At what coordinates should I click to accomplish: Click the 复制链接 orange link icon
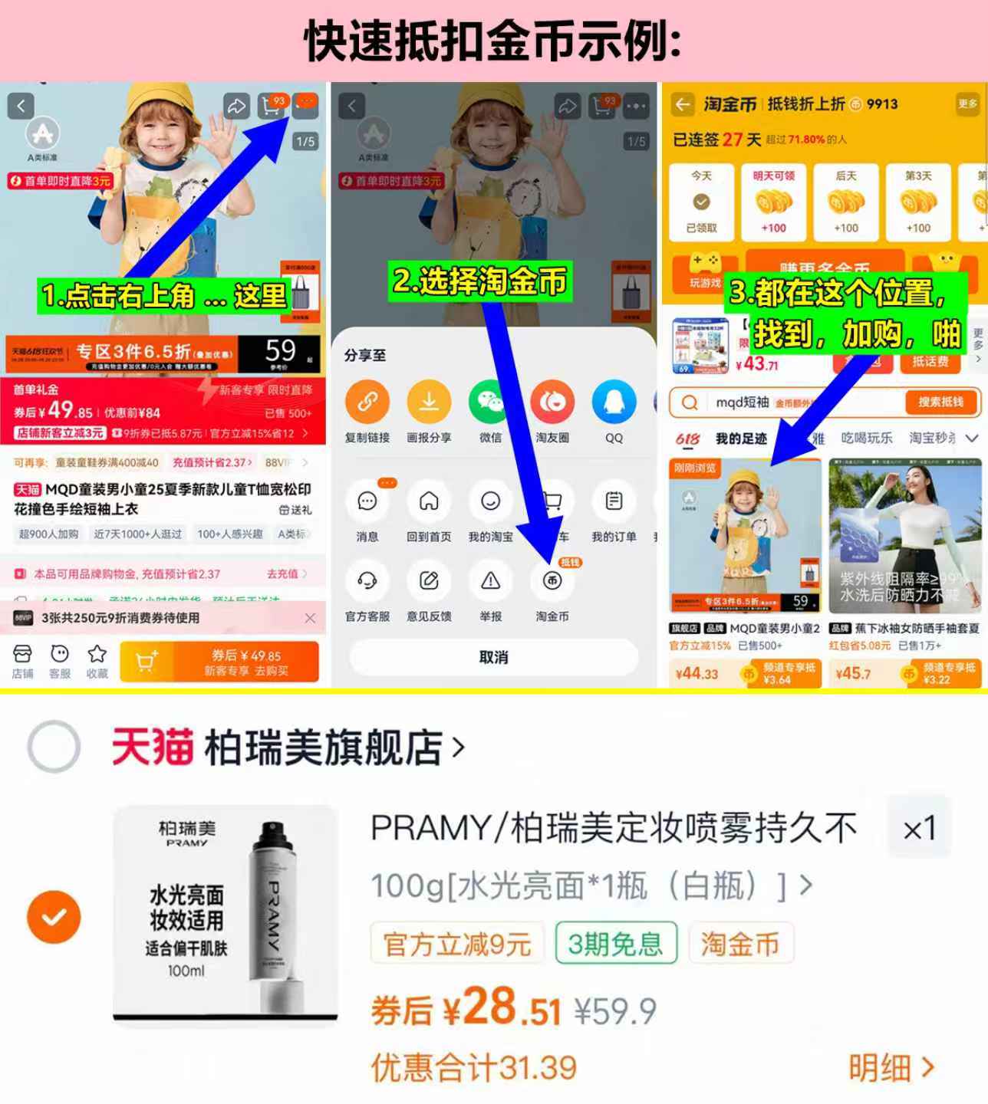point(367,402)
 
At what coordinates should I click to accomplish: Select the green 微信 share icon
point(490,402)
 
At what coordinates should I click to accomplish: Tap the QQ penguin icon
point(614,402)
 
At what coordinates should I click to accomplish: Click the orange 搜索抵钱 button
point(940,402)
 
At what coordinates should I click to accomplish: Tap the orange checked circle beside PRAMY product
point(54,917)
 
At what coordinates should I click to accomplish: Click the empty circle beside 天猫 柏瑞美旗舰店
point(54,747)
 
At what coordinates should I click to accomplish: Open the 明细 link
point(891,1067)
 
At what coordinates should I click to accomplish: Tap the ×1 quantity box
point(919,828)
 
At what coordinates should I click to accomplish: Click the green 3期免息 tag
point(615,943)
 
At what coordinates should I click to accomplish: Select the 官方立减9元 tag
point(457,943)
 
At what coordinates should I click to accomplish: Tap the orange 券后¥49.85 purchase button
point(245,661)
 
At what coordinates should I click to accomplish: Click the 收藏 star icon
point(97,655)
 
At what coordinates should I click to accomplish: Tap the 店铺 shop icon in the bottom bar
point(22,655)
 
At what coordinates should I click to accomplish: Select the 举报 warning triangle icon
point(490,581)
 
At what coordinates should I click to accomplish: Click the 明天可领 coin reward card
point(773,202)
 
